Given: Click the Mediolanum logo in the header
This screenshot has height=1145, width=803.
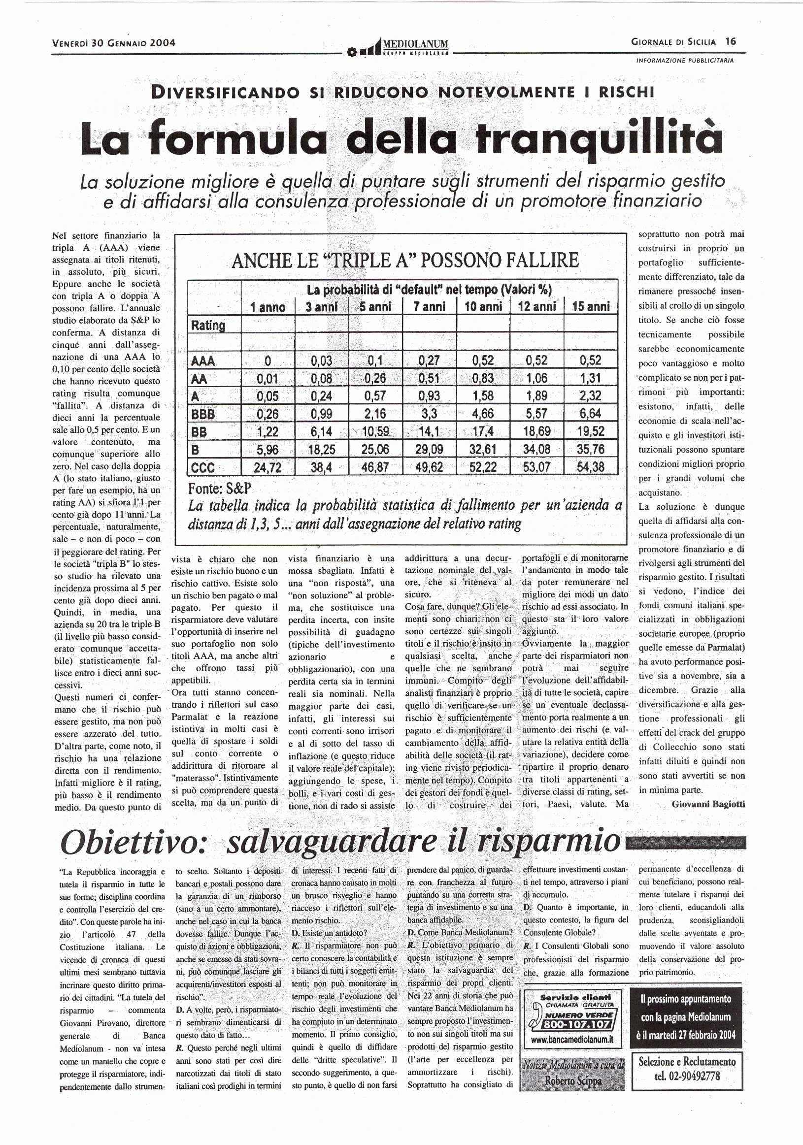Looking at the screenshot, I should click(x=399, y=46).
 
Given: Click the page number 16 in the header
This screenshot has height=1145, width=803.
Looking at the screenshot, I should click(x=731, y=41).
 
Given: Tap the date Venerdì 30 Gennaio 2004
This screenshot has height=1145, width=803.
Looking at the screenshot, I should click(x=114, y=43).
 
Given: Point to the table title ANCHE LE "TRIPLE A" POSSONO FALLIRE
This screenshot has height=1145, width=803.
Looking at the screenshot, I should click(x=405, y=261).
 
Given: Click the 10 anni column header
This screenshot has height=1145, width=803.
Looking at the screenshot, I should click(x=483, y=307).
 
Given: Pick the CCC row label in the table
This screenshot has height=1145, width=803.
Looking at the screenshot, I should click(x=203, y=467).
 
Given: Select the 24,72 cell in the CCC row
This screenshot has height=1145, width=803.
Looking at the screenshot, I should click(x=268, y=467).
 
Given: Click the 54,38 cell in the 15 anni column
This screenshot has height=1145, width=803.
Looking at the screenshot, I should click(x=591, y=467).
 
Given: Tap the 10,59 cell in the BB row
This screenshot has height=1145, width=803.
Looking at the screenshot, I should click(x=375, y=431).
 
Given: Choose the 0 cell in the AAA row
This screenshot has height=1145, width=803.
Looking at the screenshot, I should click(x=268, y=360).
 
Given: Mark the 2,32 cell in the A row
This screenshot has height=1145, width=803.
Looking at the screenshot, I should click(x=591, y=396).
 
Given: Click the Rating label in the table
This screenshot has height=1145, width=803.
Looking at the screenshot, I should click(x=208, y=326).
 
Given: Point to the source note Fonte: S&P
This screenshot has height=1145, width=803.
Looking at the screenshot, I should click(x=220, y=488).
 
